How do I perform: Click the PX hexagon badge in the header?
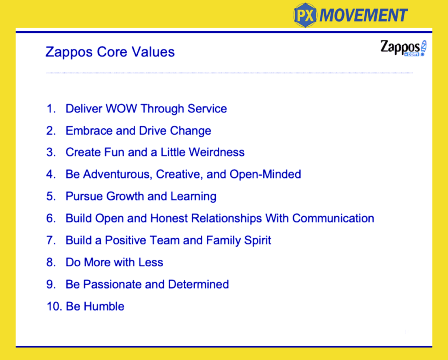[305, 15]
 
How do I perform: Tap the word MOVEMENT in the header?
[364, 15]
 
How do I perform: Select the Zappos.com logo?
[403, 48]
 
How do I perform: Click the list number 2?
[51, 131]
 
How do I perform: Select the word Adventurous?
[117, 174]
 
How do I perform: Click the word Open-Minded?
[265, 174]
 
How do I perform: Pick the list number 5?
[51, 196]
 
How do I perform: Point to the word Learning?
[193, 197]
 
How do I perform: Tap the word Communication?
[333, 218]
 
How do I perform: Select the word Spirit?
[257, 240]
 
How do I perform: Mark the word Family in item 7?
[224, 240]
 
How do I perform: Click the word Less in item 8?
[151, 262]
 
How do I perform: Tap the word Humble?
[104, 306]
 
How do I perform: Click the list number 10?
[54, 306]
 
